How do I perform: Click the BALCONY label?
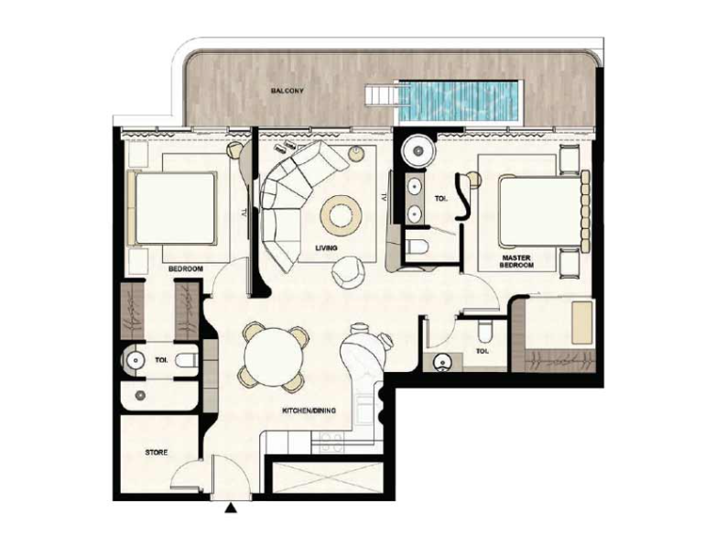pyautogui.click(x=287, y=91)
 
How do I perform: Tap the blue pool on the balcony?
pyautogui.click(x=459, y=102)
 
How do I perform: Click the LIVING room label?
pyautogui.click(x=326, y=248)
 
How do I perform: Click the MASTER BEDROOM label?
pyautogui.click(x=516, y=261)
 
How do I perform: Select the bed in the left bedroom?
pyautogui.click(x=172, y=208)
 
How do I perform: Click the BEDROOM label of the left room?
pyautogui.click(x=185, y=269)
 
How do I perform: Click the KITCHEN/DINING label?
pyautogui.click(x=309, y=410)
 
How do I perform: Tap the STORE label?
pyautogui.click(x=157, y=452)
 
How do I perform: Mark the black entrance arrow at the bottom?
pyautogui.click(x=231, y=509)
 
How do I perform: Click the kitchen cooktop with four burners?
pyautogui.click(x=331, y=442)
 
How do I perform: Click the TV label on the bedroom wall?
pyautogui.click(x=244, y=212)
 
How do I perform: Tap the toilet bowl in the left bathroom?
pyautogui.click(x=187, y=360)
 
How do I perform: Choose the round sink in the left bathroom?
pyautogui.click(x=135, y=360)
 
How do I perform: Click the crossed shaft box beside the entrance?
pyautogui.click(x=328, y=477)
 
